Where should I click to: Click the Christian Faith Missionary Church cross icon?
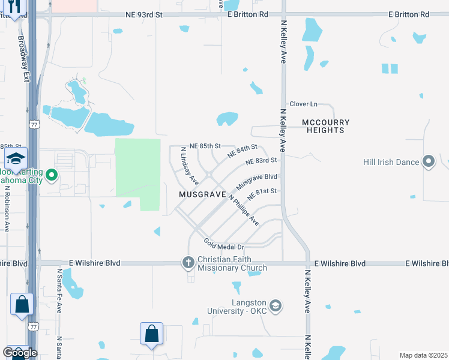pyautogui.click(x=188, y=263)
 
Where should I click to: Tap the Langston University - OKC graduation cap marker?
pyautogui.click(x=276, y=306)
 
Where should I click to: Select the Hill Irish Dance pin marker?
pyautogui.click(x=429, y=162)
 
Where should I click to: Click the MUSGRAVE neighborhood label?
pyautogui.click(x=202, y=195)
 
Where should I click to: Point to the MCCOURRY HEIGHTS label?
pyautogui.click(x=325, y=126)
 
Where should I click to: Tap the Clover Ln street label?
pyautogui.click(x=303, y=104)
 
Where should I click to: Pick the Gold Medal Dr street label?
pyautogui.click(x=223, y=244)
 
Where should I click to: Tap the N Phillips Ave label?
pyautogui.click(x=244, y=211)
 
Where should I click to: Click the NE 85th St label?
pyautogui.click(x=205, y=146)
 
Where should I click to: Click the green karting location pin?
pyautogui.click(x=52, y=175)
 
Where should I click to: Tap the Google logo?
pyautogui.click(x=20, y=353)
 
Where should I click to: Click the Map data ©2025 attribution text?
pyautogui.click(x=423, y=355)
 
